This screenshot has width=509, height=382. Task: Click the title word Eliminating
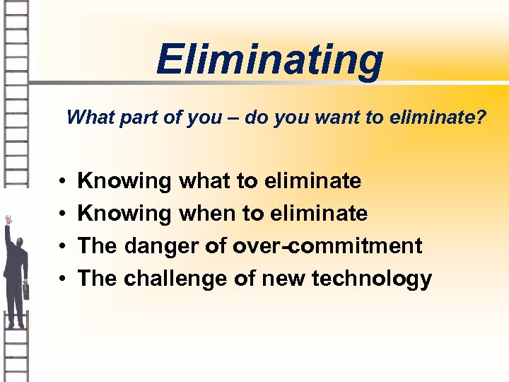click(x=269, y=59)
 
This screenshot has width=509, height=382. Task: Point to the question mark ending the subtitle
click(x=481, y=117)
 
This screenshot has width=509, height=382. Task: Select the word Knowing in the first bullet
click(x=124, y=182)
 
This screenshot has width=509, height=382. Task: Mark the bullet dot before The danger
click(x=63, y=247)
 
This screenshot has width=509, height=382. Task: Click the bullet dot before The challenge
click(x=63, y=279)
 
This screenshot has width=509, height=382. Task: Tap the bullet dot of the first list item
click(x=63, y=182)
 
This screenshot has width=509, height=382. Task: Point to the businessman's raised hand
click(x=8, y=220)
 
